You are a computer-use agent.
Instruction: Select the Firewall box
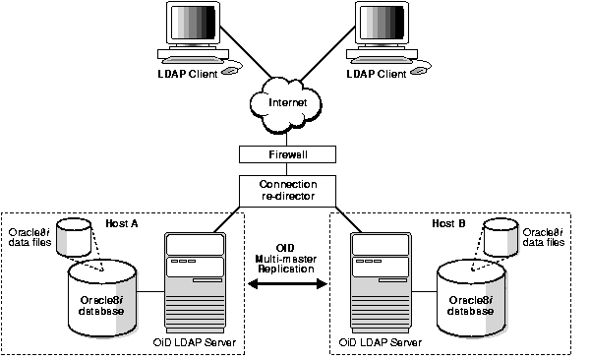[x=288, y=155]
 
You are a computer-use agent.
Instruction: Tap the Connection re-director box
[x=288, y=190]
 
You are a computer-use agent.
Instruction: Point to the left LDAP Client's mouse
[x=229, y=70]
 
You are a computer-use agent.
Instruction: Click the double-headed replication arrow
[x=288, y=285]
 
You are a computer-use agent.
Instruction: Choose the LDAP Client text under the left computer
[x=185, y=74]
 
